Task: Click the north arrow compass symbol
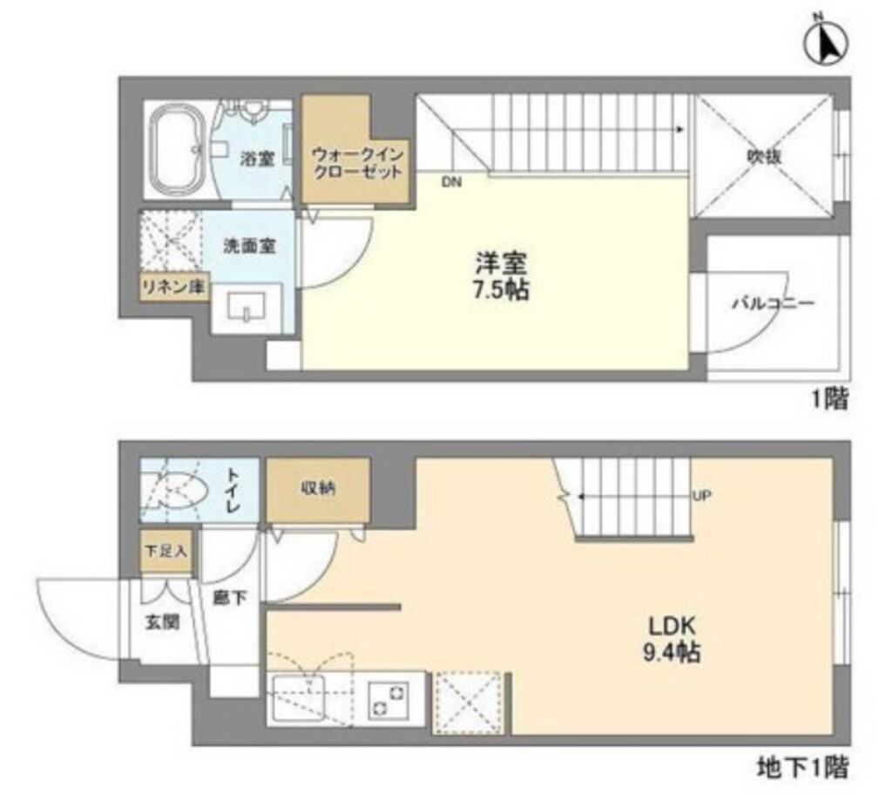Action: pos(826,44)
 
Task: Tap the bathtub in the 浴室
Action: pos(179,150)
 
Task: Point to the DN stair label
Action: pos(451,183)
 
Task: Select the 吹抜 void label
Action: pos(763,157)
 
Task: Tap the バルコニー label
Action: pos(773,302)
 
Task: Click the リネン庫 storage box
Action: pos(173,287)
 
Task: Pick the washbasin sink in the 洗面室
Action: pos(247,308)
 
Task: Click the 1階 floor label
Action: pos(829,399)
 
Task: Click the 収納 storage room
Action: pos(318,488)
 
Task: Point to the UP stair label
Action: pos(702,496)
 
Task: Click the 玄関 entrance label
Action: pos(162,623)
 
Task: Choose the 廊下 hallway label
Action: pos(230,598)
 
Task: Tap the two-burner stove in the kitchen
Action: pos(389,700)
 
